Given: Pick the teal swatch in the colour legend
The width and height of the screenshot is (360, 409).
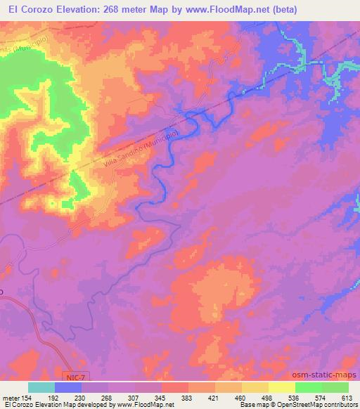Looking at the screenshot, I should click(41, 387).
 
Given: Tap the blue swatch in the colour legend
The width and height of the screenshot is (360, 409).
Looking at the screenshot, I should click(68, 387).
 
